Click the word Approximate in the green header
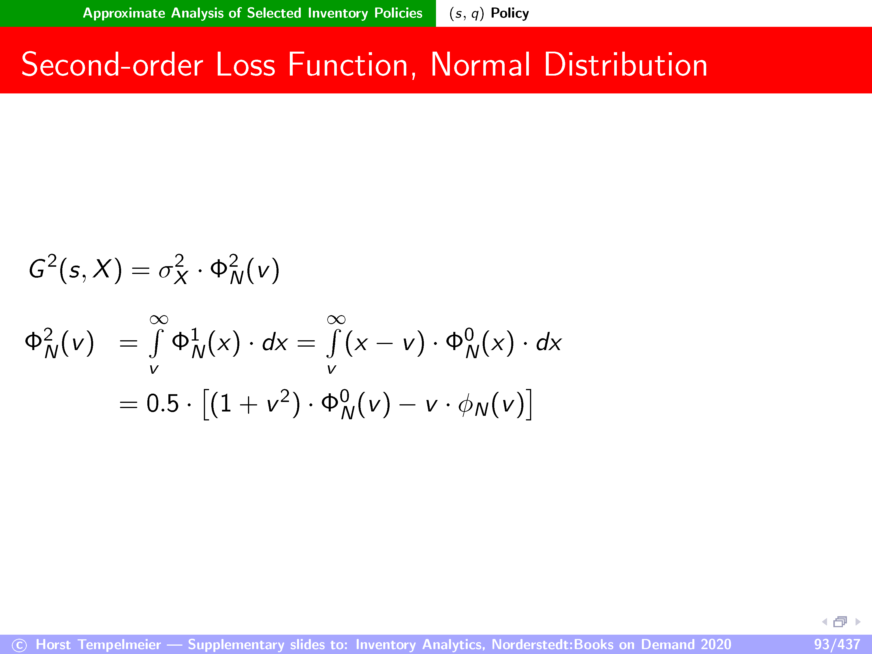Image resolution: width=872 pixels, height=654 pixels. tap(124, 13)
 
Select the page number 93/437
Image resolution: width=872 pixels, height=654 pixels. tap(837, 644)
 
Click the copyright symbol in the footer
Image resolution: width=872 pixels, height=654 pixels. tap(19, 645)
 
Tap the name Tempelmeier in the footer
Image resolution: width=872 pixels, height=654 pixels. tap(119, 644)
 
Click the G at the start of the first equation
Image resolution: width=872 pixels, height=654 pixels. tap(37, 270)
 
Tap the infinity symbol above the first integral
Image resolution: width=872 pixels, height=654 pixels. tap(159, 319)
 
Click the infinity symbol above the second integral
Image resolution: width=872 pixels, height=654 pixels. tap(336, 319)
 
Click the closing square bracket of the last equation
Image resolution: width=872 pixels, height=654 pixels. tap(529, 404)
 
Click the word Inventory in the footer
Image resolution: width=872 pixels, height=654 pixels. tap(386, 644)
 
